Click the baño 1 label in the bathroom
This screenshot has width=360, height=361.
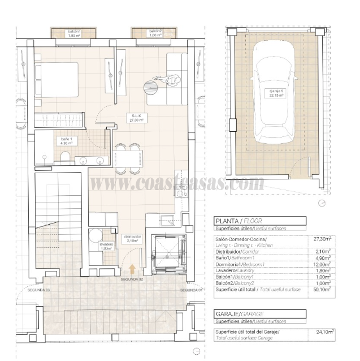click(66, 141)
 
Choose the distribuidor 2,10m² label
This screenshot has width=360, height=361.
click(132, 239)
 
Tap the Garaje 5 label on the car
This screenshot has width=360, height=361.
click(276, 94)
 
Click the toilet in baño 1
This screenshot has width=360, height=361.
click(66, 157)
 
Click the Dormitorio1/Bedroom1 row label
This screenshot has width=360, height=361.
click(242, 264)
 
